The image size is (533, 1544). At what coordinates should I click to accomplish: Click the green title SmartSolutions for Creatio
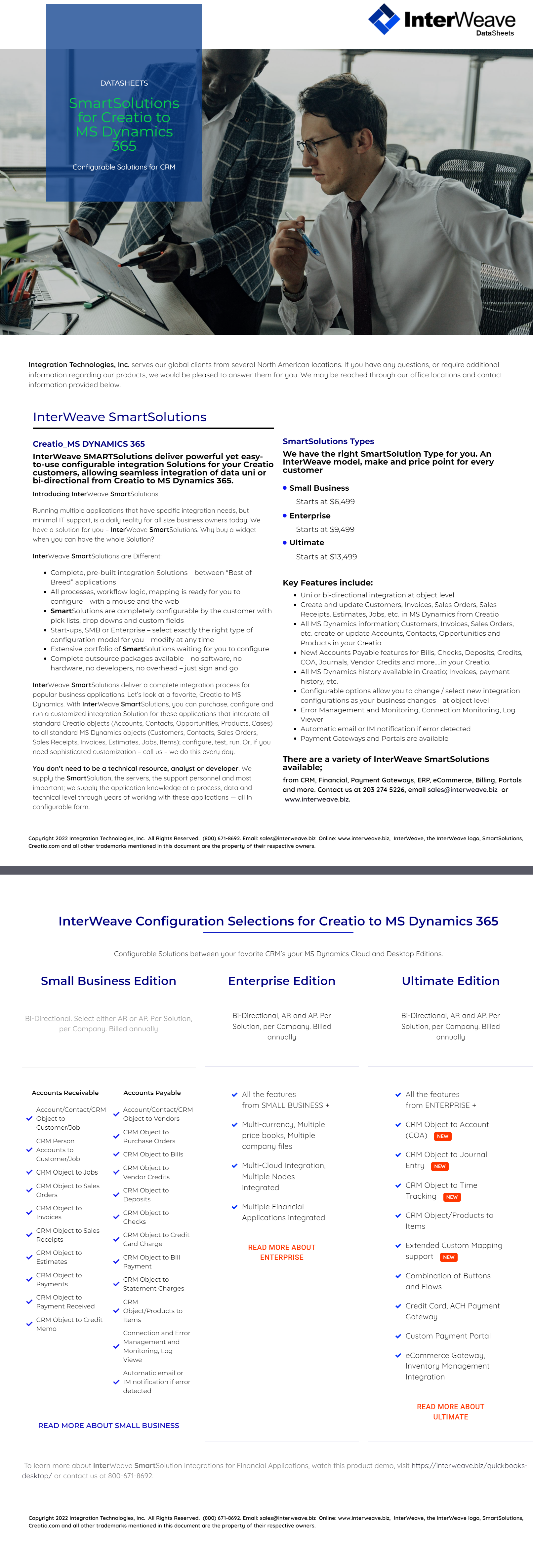point(124,124)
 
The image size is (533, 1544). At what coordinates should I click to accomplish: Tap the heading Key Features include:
point(327,583)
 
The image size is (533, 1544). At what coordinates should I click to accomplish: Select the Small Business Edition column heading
point(108,981)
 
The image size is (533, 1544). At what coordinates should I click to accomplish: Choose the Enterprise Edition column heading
point(282,981)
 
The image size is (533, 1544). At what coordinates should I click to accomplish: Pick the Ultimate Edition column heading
point(450,981)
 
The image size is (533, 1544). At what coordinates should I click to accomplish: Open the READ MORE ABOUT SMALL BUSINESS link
point(108,1425)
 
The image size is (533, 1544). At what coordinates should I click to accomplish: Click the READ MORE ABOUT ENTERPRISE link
point(282,1252)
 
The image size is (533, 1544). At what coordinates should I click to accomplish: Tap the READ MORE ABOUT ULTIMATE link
point(450,1412)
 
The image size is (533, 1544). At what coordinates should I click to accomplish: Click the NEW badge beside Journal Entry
point(439,1166)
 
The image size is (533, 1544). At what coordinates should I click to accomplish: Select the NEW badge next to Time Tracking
point(451,1197)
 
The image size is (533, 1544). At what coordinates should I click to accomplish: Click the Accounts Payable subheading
point(152,1093)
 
